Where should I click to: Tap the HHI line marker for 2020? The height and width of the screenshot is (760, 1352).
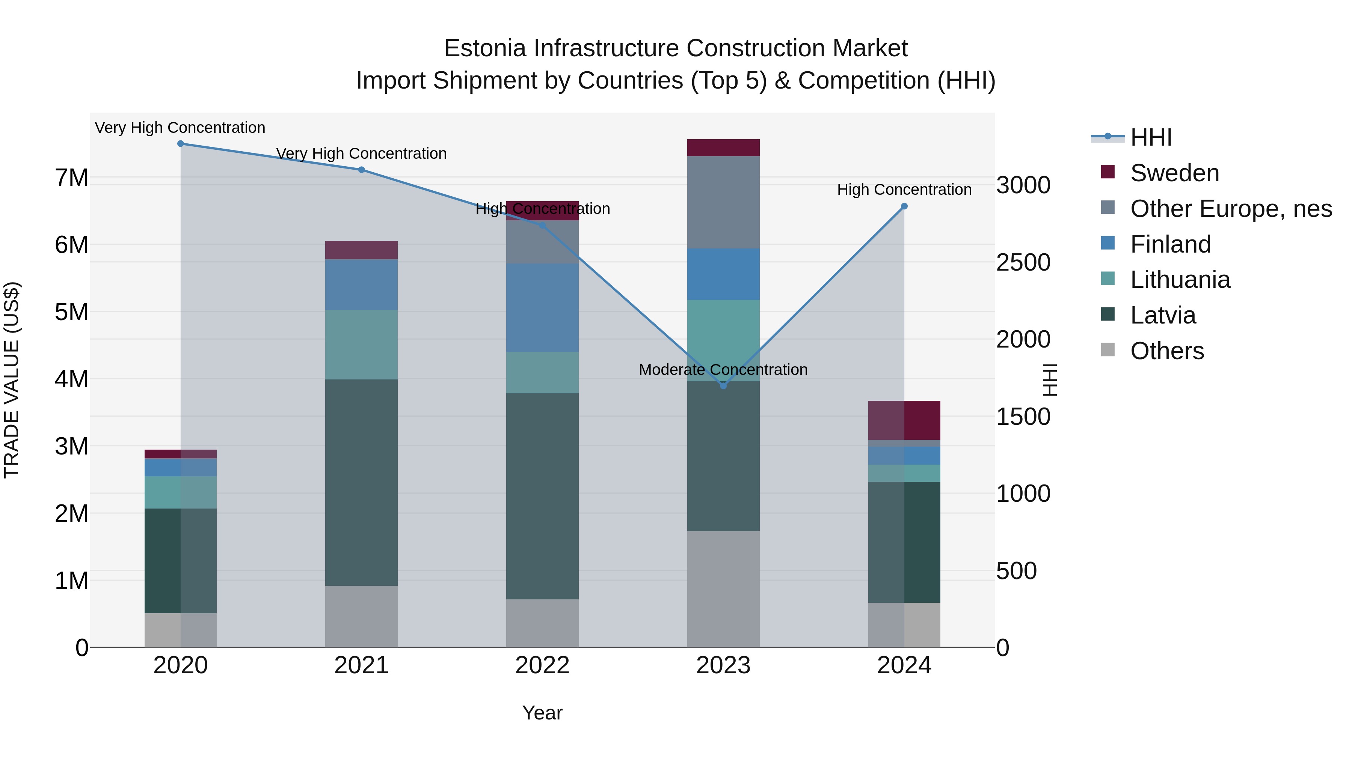pos(181,144)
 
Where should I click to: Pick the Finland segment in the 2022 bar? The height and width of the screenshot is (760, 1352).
pos(542,307)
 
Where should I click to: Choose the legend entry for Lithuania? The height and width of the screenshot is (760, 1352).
pos(1180,280)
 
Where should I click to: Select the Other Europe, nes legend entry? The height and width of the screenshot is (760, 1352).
pos(1231,209)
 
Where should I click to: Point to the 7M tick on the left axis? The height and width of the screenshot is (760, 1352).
pos(72,178)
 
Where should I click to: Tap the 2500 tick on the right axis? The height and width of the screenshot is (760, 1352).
pos(1023,262)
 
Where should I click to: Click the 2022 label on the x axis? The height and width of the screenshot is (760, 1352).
pos(542,665)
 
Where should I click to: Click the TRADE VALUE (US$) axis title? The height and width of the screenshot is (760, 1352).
pos(12,380)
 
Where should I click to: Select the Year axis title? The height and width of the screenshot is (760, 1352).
pos(542,713)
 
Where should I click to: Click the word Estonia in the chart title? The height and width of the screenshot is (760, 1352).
pos(484,48)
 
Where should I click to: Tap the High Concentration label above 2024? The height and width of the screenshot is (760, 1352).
pos(904,190)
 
